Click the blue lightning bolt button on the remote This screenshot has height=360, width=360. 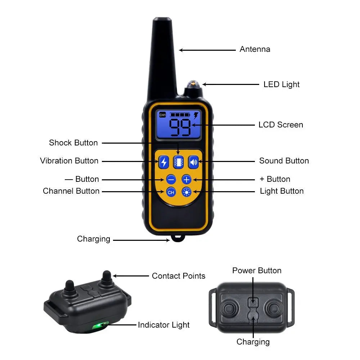pyautogui.click(x=164, y=162)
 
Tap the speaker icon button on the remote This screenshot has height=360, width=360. pyautogui.click(x=194, y=162)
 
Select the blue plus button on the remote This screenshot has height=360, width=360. pyautogui.click(x=186, y=179)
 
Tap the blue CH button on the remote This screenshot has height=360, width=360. pyautogui.click(x=171, y=192)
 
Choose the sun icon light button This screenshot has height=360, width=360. pyautogui.click(x=186, y=192)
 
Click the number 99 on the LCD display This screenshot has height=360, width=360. pyautogui.click(x=180, y=127)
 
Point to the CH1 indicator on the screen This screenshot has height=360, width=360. pyautogui.click(x=163, y=115)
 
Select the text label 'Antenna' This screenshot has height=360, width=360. pyautogui.click(x=255, y=49)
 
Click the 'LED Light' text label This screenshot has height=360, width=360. pyautogui.click(x=282, y=85)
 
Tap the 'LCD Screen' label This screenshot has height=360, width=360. pyautogui.click(x=281, y=125)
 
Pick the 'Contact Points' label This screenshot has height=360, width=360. pyautogui.click(x=179, y=276)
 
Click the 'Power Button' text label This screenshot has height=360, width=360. pyautogui.click(x=257, y=271)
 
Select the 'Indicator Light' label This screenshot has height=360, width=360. pyautogui.click(x=164, y=325)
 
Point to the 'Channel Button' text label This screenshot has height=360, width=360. pyautogui.click(x=71, y=191)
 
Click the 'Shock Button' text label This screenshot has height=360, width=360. pyautogui.click(x=73, y=143)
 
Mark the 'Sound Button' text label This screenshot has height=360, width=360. pyautogui.click(x=284, y=161)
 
